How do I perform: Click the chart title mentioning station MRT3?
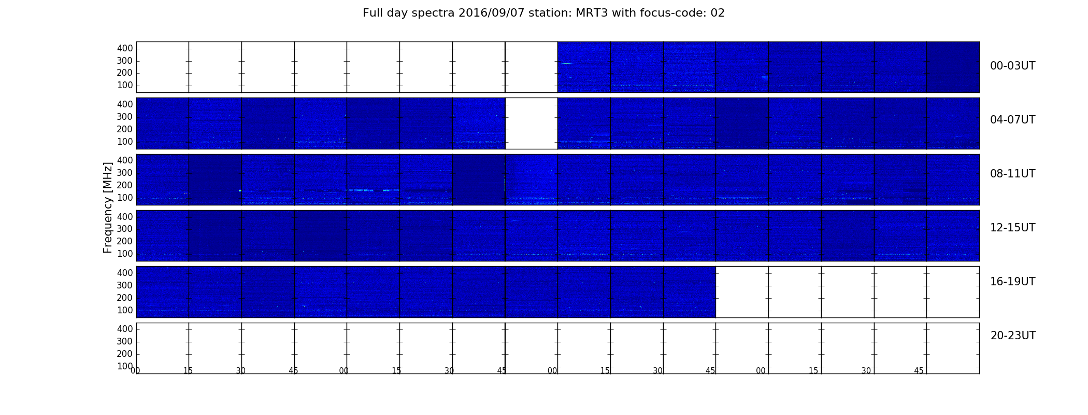pos(543,13)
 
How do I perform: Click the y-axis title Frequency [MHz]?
pos(108,208)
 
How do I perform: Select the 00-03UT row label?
pos(1012,66)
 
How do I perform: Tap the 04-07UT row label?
pos(1012,120)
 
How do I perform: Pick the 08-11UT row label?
pos(1012,174)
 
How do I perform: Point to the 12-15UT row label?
pos(1012,228)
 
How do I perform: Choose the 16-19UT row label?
pos(1012,282)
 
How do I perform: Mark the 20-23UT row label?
pos(1013,336)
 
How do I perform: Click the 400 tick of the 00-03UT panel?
pos(125,48)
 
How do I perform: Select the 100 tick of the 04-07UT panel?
pos(125,142)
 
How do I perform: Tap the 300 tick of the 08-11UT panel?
pos(125,173)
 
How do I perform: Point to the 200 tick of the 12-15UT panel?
pos(125,241)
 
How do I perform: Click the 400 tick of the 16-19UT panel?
pos(125,273)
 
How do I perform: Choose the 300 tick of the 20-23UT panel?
pos(125,341)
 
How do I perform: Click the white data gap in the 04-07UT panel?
pos(531,123)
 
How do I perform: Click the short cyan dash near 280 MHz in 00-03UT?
pos(566,63)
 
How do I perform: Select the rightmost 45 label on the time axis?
pos(919,371)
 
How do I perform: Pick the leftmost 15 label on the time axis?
pos(188,371)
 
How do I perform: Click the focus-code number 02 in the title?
pos(718,13)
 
